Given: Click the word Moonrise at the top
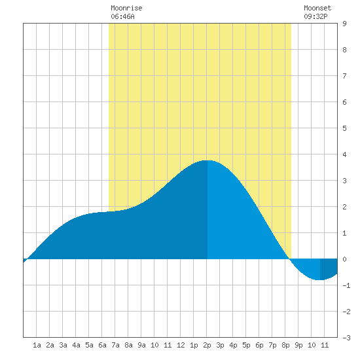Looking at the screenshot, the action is pos(126,8).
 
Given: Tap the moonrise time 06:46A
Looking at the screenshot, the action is pos(122,16).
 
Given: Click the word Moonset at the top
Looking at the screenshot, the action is pos(317,8).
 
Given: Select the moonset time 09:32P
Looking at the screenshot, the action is pos(315,16).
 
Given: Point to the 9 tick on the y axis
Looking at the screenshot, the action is pos(344,24).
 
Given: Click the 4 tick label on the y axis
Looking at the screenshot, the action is pos(344,154).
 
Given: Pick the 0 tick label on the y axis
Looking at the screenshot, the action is pos(344,259).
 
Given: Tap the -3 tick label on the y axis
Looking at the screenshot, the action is pos(346,338).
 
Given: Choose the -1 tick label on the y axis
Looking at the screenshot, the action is pos(346,285).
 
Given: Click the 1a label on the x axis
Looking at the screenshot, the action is pos(37,345).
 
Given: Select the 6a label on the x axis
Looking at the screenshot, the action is pos(102,345).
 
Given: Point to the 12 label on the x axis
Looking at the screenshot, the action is pos(181,345).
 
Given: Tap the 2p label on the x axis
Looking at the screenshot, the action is pos(207,345).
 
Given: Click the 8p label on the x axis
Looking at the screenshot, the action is pos(285,345).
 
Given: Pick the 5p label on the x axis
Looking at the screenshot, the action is pos(246,345).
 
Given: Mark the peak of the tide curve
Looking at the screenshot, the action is pos(207,160).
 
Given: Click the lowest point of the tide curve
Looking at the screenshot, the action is pos(318,280).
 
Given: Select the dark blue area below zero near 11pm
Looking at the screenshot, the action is pos(329,268).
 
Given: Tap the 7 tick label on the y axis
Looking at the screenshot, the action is pos(344,76).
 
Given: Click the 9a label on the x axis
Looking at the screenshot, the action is pos(141,345).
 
